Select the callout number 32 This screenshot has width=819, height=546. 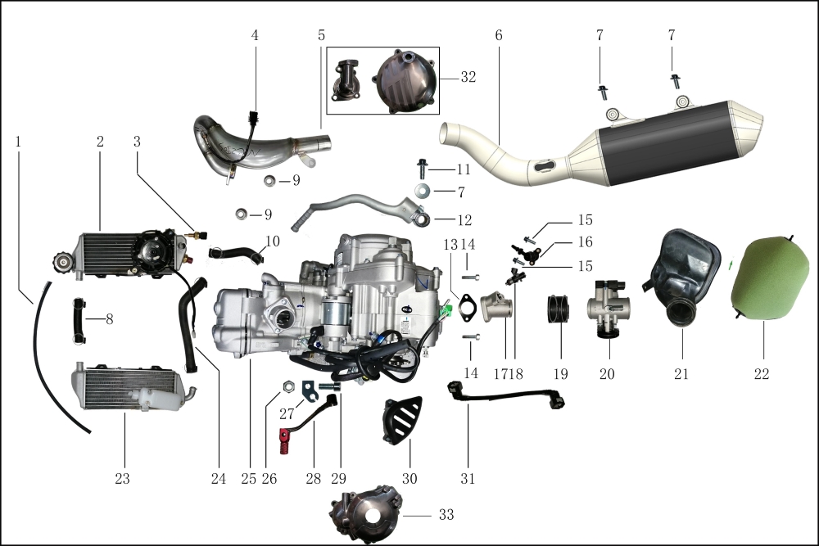click(x=468, y=77)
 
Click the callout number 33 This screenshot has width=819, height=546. click(x=446, y=515)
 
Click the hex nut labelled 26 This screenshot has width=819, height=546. click(x=287, y=387)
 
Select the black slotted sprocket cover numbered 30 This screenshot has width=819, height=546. click(x=402, y=421)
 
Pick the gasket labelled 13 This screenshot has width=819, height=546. click(x=466, y=307)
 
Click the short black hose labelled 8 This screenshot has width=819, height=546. click(x=78, y=321)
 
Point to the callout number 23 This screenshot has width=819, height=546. click(x=122, y=478)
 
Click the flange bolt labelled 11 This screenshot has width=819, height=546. click(x=422, y=168)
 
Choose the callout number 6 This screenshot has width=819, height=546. click(x=498, y=35)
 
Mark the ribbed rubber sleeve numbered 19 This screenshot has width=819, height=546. click(x=559, y=309)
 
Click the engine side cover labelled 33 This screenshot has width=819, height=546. click(x=365, y=514)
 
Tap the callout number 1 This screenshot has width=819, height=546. click(x=18, y=142)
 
